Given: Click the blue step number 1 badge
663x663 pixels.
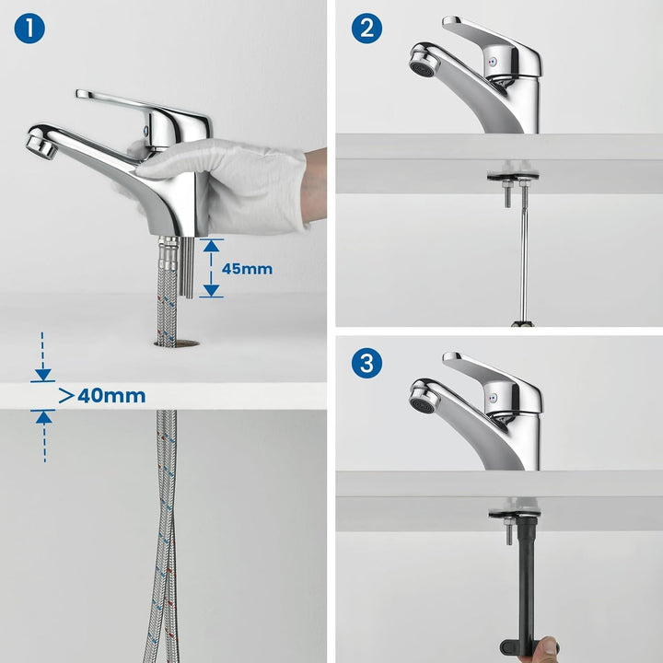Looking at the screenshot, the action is point(29,29).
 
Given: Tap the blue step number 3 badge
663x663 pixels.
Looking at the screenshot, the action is point(366,363).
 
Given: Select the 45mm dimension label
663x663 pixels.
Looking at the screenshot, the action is point(247,269).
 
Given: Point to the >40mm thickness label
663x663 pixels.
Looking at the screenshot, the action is point(102,396).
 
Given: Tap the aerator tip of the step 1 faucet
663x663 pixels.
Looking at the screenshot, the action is point(41,145).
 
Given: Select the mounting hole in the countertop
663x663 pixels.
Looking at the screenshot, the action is point(178,343).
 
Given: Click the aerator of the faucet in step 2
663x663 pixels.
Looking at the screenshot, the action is point(424,64).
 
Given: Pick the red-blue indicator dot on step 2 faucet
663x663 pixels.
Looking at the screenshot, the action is point(492,62).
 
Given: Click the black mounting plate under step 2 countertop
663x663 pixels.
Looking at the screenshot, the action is point(513,176).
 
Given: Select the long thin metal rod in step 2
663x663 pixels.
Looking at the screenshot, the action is point(525,254).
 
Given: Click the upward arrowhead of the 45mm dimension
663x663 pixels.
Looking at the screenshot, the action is point(211,246).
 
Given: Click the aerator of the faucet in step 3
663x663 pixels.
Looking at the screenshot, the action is point(424,400).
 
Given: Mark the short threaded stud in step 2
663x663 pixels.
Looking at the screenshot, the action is point(507,193).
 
